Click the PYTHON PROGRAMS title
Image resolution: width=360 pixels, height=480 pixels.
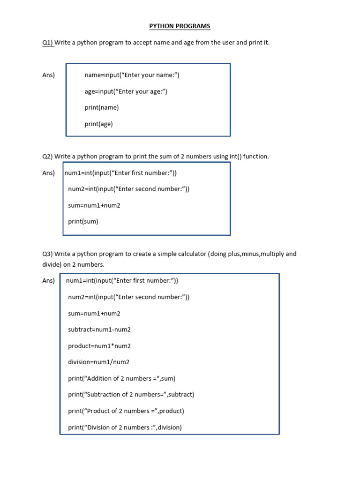click(180, 26)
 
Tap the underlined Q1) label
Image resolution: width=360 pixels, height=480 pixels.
click(48, 43)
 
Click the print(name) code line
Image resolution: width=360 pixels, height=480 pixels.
click(102, 107)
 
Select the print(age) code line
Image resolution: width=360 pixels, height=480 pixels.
click(98, 124)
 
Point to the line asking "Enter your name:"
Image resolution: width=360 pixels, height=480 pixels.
click(132, 75)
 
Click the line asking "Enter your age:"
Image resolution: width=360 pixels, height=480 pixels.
click(126, 91)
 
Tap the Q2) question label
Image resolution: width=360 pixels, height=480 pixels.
click(48, 157)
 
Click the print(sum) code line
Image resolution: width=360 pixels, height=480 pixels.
click(83, 221)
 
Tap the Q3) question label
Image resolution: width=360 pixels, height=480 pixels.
click(48, 254)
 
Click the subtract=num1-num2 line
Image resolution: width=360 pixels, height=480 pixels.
click(99, 330)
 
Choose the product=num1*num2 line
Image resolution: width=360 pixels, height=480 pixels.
click(99, 346)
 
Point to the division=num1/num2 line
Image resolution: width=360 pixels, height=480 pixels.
click(98, 362)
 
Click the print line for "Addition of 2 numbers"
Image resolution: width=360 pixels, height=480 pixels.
click(121, 378)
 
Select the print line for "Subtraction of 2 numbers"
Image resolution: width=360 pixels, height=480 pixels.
click(131, 395)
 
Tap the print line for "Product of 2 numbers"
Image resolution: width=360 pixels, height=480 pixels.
click(126, 411)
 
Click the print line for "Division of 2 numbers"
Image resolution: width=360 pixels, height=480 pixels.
click(125, 427)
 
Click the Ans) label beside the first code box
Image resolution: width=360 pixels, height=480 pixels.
click(49, 75)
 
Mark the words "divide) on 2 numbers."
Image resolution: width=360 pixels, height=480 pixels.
click(73, 265)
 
